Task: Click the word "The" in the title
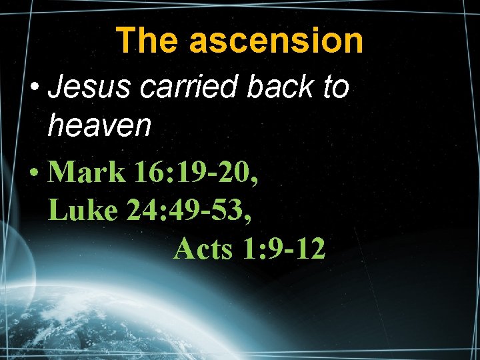coord(147,41)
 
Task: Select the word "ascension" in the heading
coord(277,41)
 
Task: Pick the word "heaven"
coord(100,125)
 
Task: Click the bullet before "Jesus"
coord(35,88)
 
